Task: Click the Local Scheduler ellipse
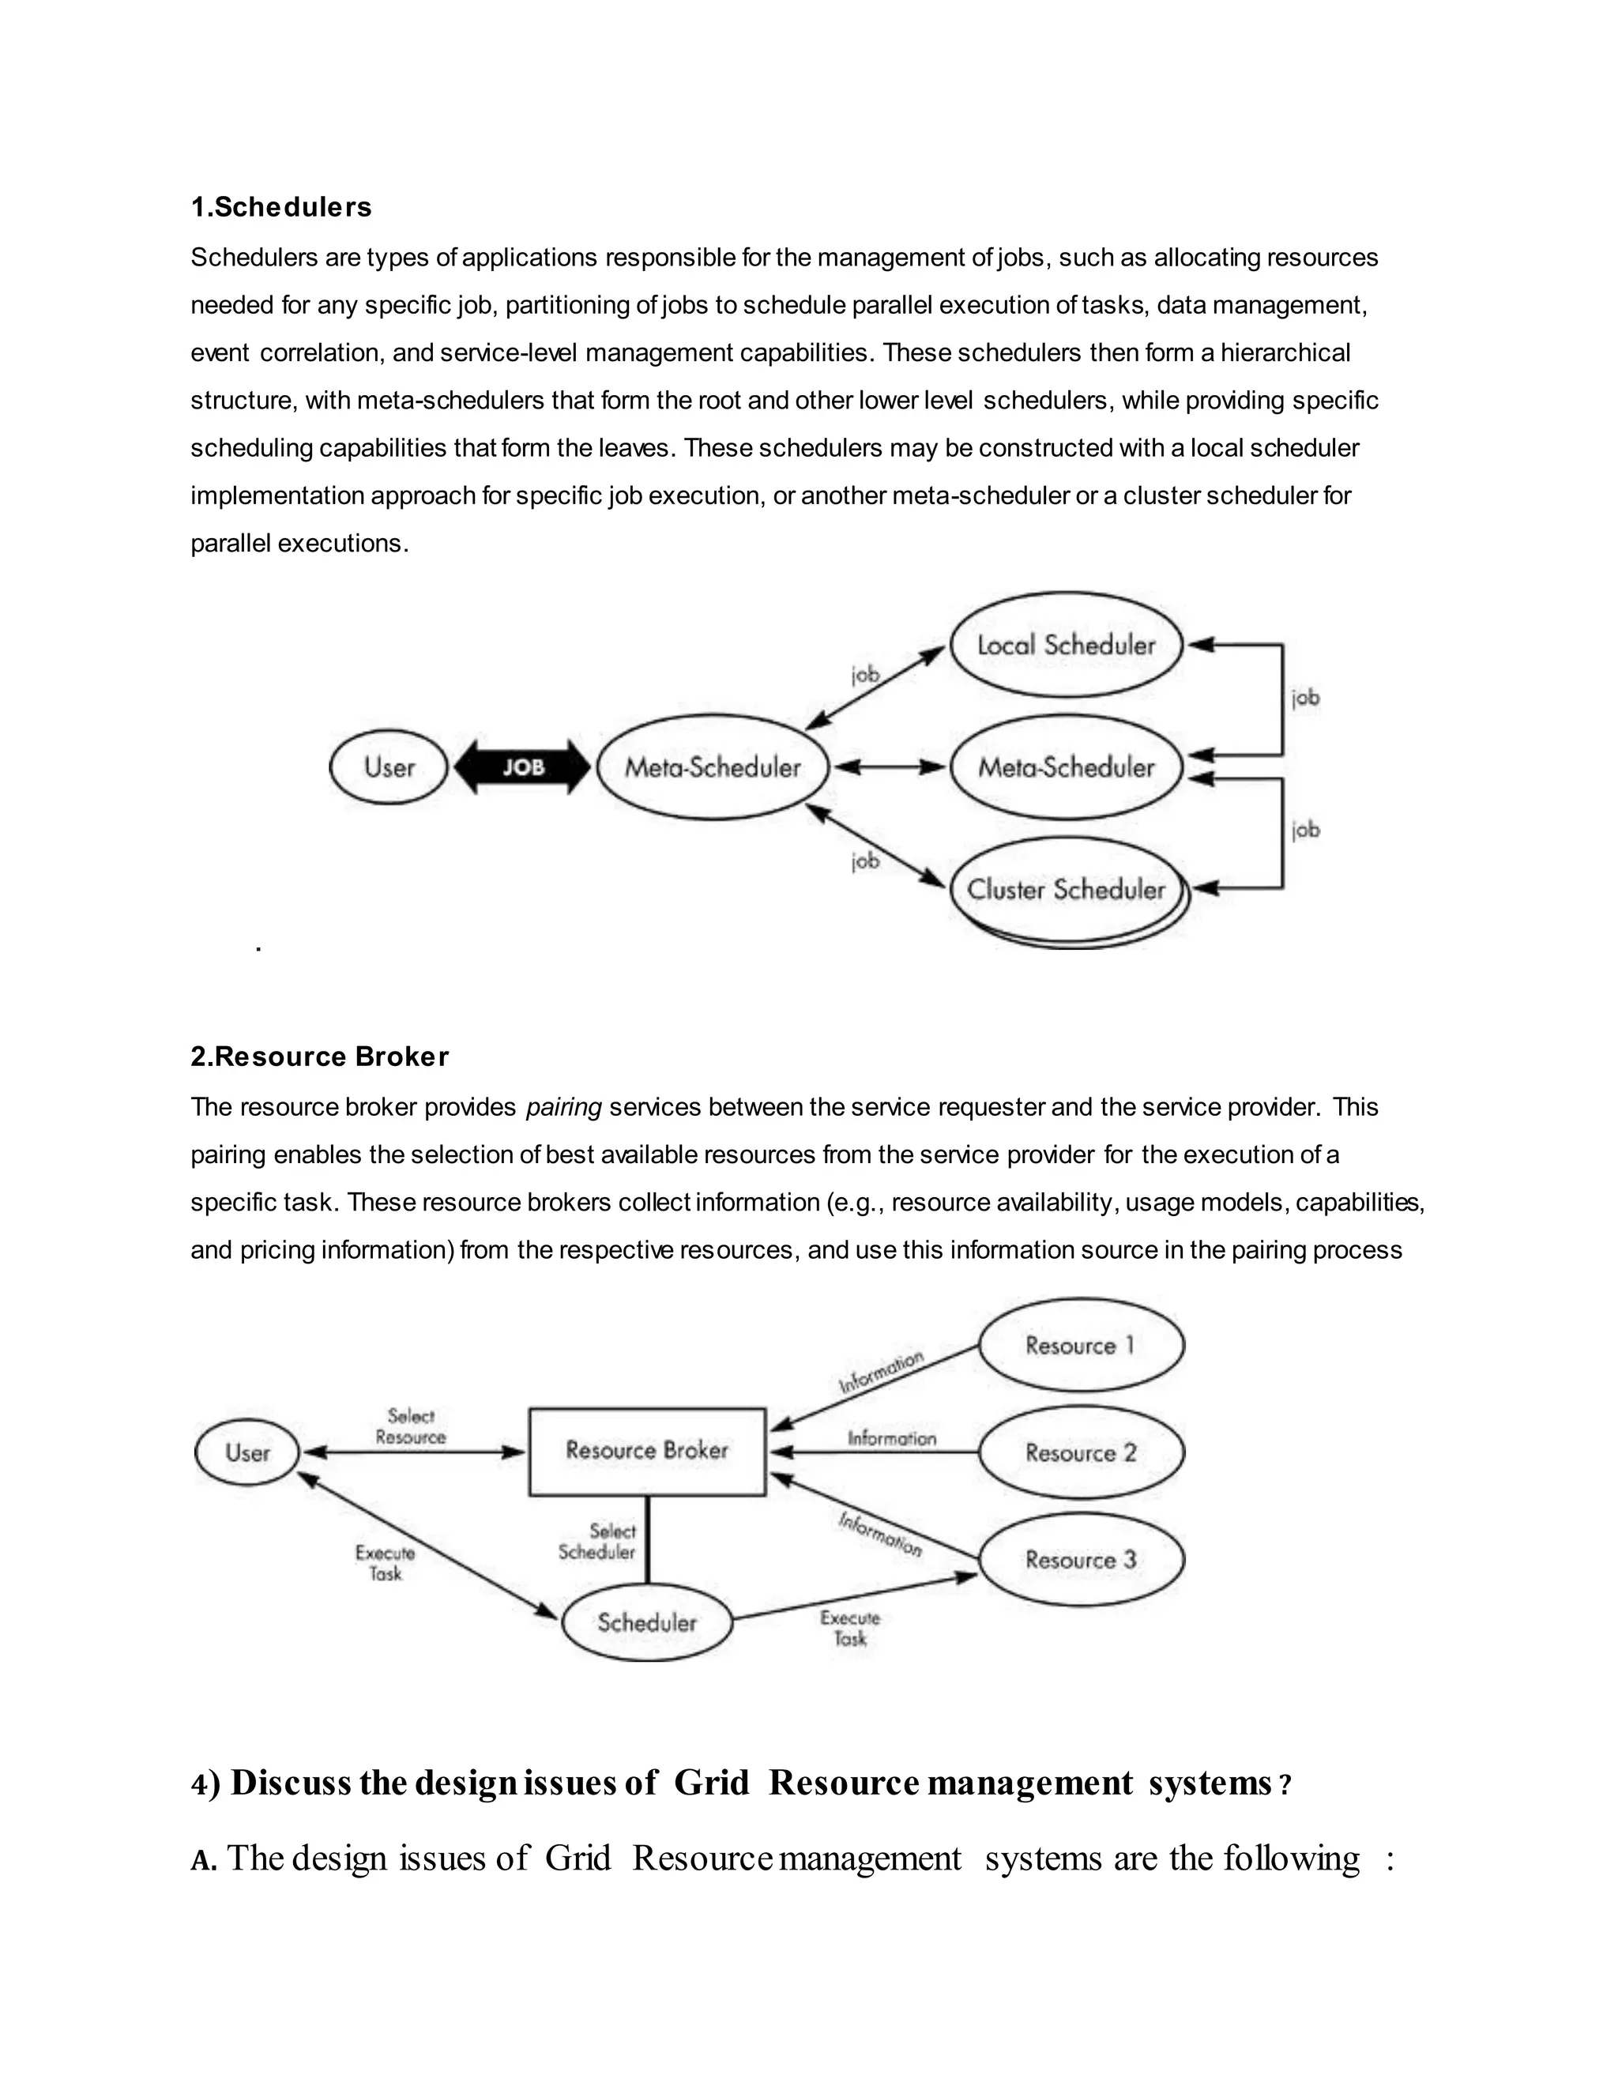click(1066, 644)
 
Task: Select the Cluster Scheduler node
click(1066, 890)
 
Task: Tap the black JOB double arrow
click(522, 767)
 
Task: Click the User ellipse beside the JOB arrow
click(388, 767)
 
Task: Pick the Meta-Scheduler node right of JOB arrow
click(712, 767)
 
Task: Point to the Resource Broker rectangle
click(647, 1451)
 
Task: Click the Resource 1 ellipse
click(1080, 1345)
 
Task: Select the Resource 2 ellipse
click(1080, 1452)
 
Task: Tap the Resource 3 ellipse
click(1080, 1560)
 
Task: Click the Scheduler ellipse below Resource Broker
click(647, 1622)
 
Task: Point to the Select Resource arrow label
click(410, 1426)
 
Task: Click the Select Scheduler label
click(598, 1542)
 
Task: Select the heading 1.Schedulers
click(280, 207)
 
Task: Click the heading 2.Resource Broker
click(319, 1056)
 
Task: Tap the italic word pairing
click(563, 1107)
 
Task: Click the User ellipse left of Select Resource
click(247, 1452)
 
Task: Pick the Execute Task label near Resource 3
click(849, 1628)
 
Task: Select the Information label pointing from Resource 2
click(891, 1438)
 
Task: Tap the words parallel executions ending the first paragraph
click(299, 544)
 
